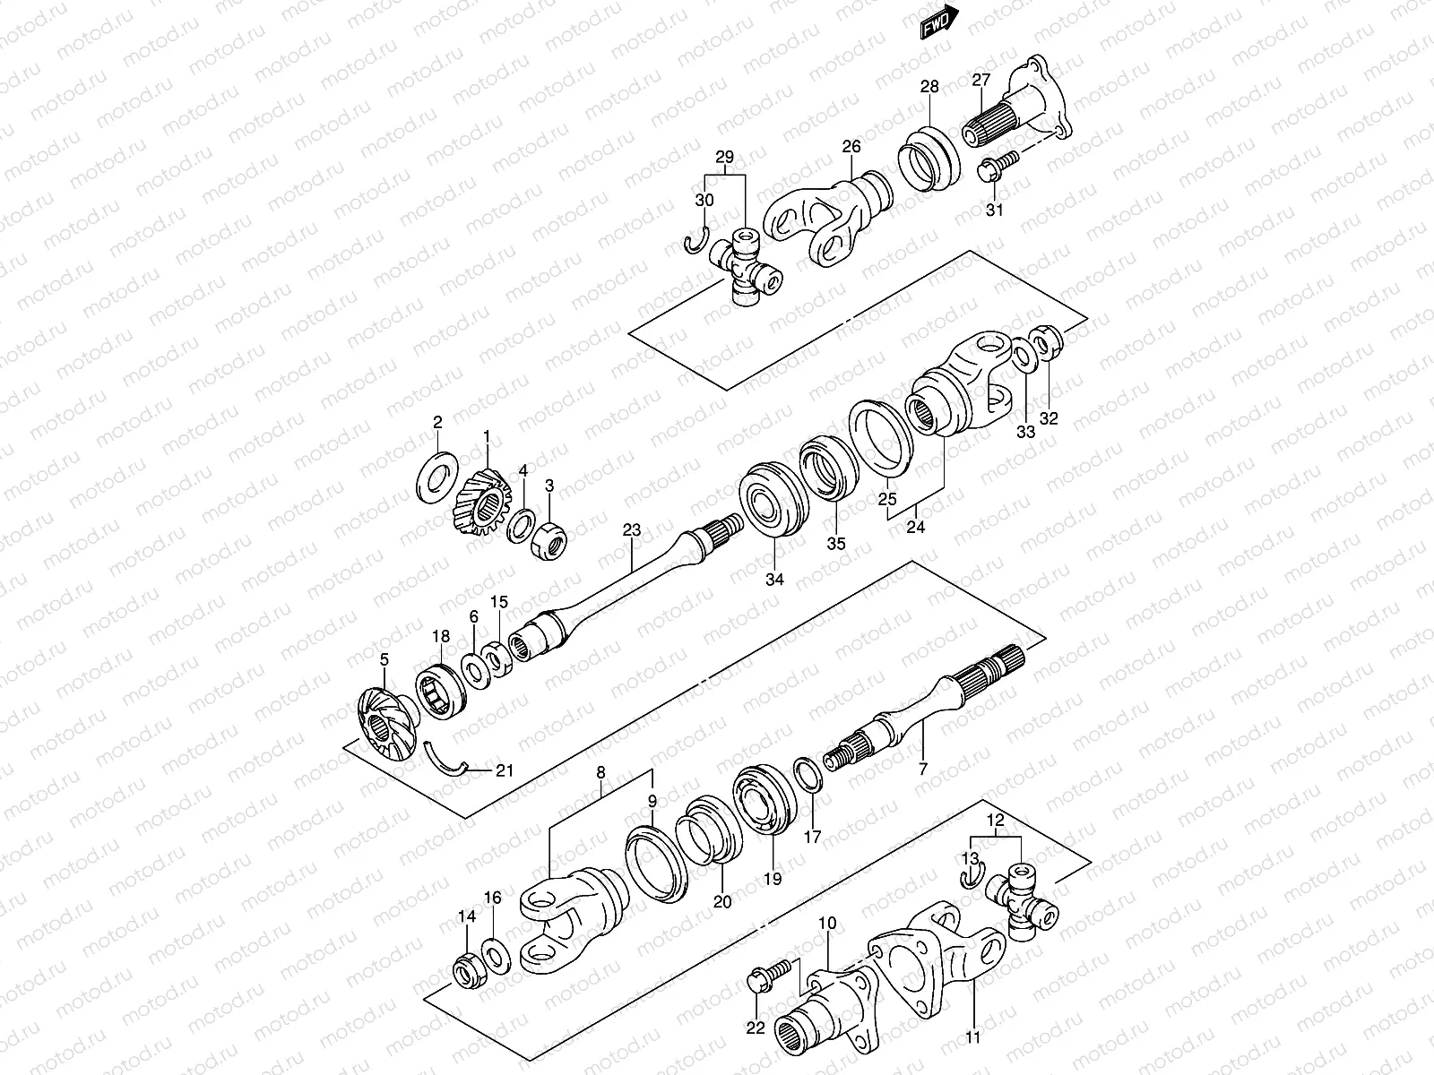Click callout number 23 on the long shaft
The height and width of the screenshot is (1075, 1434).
(x=632, y=531)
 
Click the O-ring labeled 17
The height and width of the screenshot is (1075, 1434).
(x=807, y=773)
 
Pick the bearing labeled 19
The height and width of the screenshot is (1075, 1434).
(x=765, y=801)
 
